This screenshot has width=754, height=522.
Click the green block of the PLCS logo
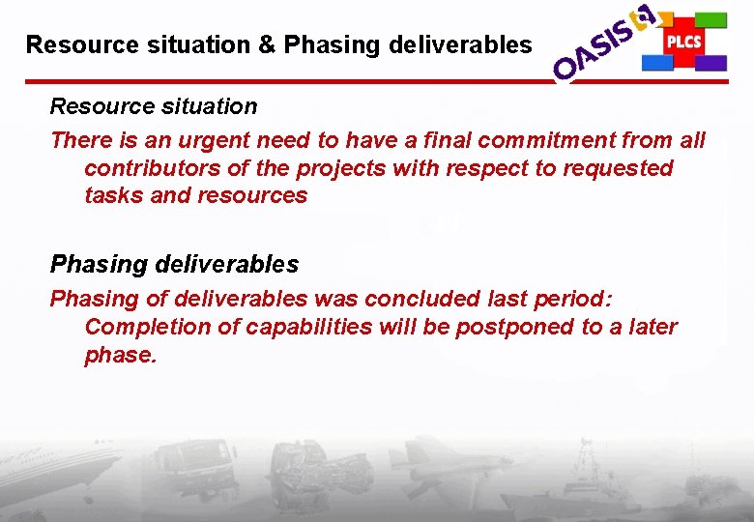pos(711,19)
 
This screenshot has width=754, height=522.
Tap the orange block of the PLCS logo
pos(658,19)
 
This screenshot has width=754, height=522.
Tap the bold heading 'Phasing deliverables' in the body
pos(174,264)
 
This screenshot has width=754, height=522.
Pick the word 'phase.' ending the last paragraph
pos(121,355)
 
